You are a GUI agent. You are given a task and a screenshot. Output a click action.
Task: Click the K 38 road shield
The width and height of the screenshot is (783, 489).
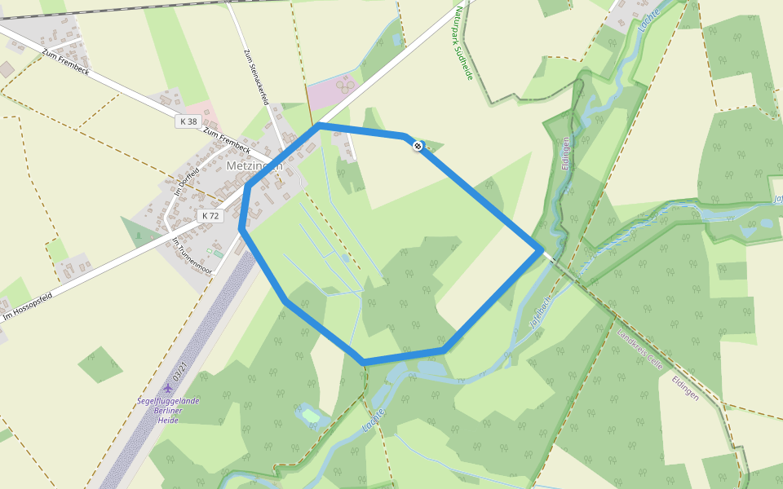(188, 121)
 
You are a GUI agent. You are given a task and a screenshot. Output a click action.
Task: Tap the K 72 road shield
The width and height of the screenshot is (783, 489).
(210, 216)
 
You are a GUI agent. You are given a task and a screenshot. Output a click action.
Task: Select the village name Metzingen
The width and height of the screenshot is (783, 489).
(254, 165)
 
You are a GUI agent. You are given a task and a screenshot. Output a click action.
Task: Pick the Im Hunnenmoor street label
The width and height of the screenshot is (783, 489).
(192, 256)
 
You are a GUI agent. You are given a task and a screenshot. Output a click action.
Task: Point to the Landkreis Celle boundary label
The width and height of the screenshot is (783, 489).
(640, 350)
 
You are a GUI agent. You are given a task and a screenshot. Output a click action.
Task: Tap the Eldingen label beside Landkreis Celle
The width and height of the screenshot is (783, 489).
(685, 383)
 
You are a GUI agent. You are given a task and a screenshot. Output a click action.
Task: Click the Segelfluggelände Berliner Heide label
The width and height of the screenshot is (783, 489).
(168, 410)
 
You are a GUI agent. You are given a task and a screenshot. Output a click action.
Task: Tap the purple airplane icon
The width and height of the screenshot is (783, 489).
(168, 388)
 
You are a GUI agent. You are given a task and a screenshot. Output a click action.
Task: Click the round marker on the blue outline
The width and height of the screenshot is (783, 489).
(418, 146)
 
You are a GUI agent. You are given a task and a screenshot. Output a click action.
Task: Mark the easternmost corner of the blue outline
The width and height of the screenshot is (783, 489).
(541, 251)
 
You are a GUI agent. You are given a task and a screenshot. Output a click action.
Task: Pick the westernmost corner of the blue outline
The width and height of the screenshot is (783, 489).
(242, 229)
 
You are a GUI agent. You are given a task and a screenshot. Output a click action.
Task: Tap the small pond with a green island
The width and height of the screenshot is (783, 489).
(310, 416)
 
